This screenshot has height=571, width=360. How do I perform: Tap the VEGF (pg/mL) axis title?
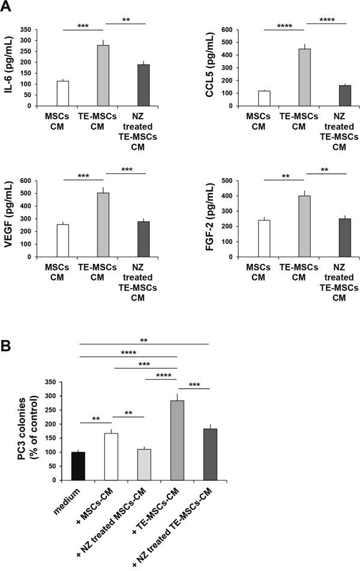pos(10,218)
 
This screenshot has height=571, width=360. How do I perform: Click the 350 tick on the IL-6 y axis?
pos(25,29)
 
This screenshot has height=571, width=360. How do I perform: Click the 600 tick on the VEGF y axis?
pos(25,180)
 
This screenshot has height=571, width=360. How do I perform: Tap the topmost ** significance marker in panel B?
pos(144,339)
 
